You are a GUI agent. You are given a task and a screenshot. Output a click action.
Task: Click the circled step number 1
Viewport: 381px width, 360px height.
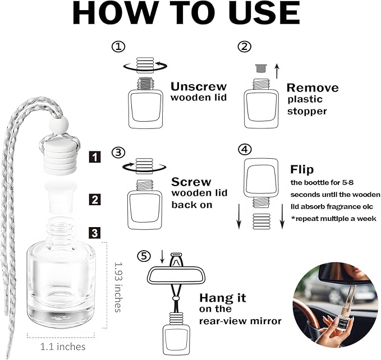coord(118,47)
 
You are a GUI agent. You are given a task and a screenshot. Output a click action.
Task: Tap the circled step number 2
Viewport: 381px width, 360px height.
coord(245,47)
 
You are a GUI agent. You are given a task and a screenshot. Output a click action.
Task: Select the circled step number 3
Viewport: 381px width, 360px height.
coord(118,153)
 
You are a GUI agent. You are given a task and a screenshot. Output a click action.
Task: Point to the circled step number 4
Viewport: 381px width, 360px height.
coord(245,149)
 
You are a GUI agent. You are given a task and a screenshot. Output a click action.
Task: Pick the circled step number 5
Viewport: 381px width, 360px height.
coord(144,256)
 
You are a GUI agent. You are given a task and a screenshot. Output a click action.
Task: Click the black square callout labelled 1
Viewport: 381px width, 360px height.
coord(94,157)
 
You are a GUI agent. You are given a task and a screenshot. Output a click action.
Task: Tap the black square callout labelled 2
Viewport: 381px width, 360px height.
coord(94,199)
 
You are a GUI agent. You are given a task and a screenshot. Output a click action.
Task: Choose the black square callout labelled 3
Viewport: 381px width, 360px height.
coord(94,233)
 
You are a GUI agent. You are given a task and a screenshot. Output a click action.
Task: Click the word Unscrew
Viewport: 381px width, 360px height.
coord(199,86)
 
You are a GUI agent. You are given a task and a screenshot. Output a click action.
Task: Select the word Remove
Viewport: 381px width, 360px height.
coord(313,87)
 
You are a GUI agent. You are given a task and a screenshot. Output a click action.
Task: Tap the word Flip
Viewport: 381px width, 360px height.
coord(302,169)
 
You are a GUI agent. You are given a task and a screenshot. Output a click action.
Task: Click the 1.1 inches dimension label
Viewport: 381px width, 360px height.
coord(63,347)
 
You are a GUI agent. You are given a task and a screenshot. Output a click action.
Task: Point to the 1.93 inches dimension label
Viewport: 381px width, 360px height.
coord(118,287)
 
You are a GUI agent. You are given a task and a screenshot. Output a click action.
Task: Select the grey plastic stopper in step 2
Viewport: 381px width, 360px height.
coord(261,68)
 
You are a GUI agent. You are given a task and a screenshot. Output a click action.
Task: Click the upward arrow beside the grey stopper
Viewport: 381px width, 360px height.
coord(277,71)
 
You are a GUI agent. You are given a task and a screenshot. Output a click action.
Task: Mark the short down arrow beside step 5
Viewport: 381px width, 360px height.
coord(162,257)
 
